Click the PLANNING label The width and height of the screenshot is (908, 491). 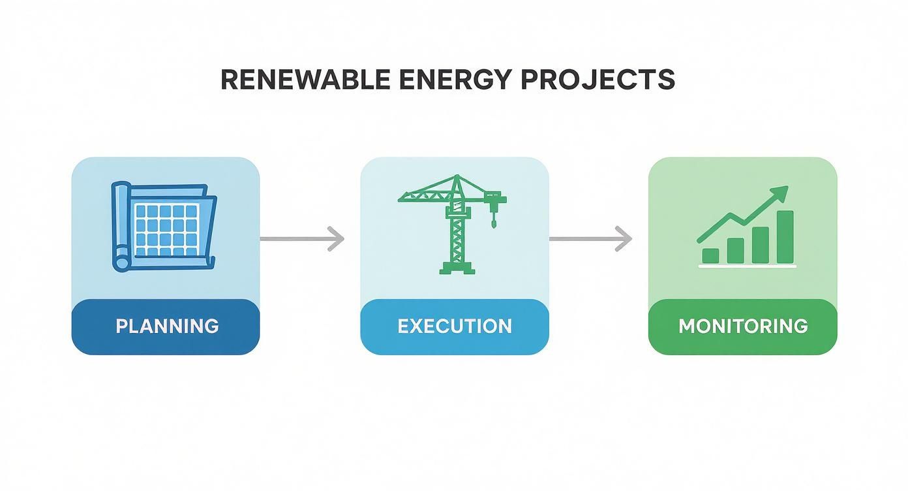[x=166, y=326]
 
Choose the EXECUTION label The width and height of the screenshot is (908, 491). [x=455, y=326]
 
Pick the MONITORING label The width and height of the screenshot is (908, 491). [x=743, y=326]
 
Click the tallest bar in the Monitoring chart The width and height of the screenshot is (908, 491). [x=785, y=236]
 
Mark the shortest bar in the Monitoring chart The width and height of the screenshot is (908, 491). [x=710, y=255]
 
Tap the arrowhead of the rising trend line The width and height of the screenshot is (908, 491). [x=781, y=193]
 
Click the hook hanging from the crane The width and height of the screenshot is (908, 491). [x=494, y=222]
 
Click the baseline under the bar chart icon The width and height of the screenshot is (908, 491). [x=748, y=266]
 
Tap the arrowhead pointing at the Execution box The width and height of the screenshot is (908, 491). [x=336, y=239]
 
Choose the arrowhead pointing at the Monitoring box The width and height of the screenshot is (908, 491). [x=625, y=239]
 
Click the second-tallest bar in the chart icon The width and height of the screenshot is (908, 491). [x=761, y=245]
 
